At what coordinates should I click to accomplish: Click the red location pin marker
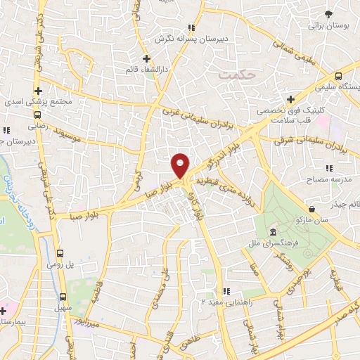pyautogui.click(x=181, y=165)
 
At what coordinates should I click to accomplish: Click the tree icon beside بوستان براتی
pyautogui.click(x=328, y=14)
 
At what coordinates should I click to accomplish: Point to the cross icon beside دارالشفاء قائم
pyautogui.click(x=146, y=58)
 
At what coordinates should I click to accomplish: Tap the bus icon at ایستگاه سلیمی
pyautogui.click(x=339, y=76)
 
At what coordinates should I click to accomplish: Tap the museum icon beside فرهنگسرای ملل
pyautogui.click(x=272, y=233)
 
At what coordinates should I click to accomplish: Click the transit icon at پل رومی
pyautogui.click(x=61, y=253)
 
